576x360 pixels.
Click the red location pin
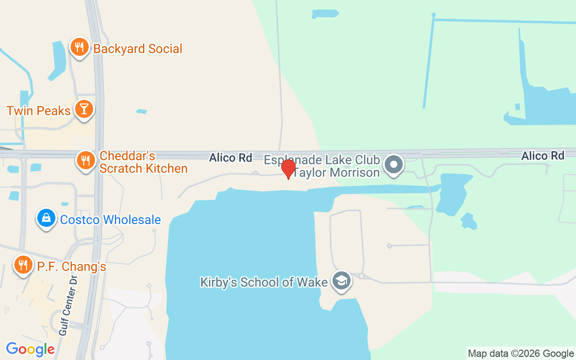click(288, 168)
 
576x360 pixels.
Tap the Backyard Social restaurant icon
click(79, 47)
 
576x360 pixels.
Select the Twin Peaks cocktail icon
click(84, 109)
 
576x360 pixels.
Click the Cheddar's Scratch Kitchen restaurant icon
click(85, 160)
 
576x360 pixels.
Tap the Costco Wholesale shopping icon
click(46, 218)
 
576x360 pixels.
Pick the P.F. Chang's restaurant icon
click(22, 265)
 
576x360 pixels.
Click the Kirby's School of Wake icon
click(342, 280)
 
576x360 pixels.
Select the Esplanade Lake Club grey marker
click(394, 164)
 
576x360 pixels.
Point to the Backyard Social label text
click(138, 49)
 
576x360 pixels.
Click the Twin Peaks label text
click(39, 111)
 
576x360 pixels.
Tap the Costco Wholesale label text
click(110, 220)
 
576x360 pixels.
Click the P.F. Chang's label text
click(72, 267)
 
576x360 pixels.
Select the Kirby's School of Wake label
click(264, 282)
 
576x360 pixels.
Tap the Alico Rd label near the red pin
click(230, 158)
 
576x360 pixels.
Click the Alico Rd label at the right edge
click(542, 156)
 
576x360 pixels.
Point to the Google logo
click(30, 349)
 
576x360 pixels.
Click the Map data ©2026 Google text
click(521, 354)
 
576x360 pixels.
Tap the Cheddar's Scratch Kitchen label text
click(143, 162)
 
